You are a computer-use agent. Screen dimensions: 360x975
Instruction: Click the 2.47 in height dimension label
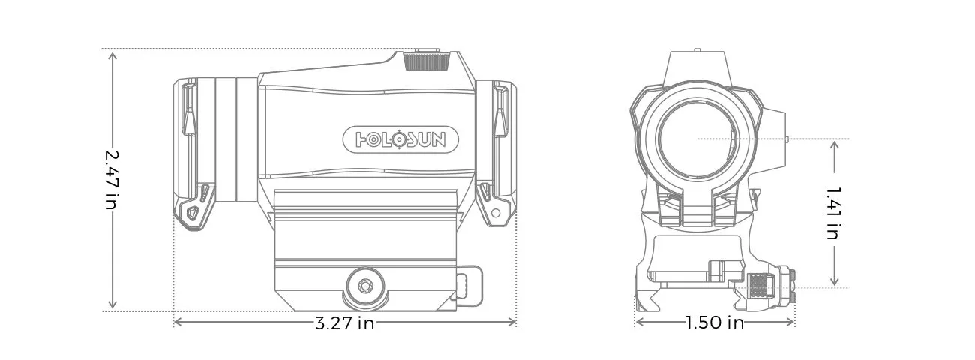tap(112, 179)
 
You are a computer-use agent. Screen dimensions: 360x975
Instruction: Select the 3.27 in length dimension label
tap(344, 323)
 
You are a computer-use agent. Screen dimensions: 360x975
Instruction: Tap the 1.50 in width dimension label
tap(714, 323)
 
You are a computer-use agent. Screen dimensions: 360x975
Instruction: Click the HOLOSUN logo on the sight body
tap(403, 139)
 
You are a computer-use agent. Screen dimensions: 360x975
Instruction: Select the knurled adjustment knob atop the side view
tap(427, 61)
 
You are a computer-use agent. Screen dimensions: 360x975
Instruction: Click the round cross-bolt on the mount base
tap(365, 286)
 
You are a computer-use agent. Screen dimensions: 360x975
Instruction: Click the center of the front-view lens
tap(697, 139)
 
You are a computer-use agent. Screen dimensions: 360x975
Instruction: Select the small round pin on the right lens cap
tap(495, 213)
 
